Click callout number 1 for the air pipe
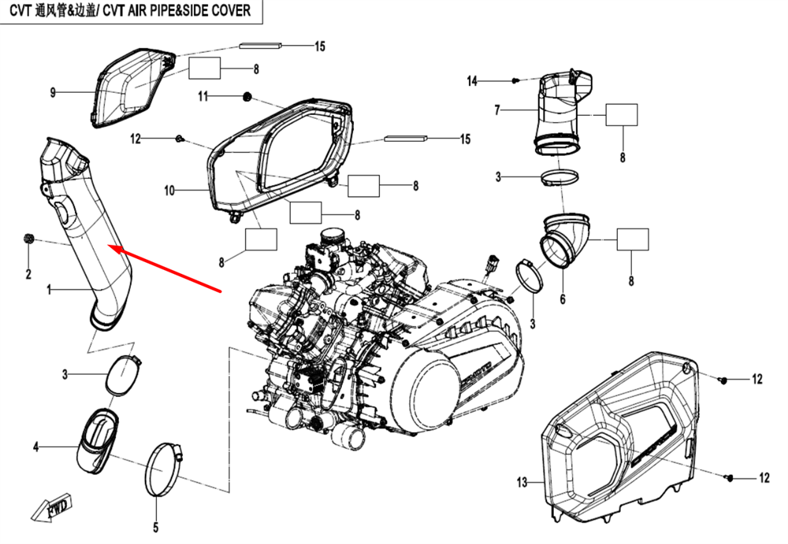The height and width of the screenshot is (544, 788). coord(49,291)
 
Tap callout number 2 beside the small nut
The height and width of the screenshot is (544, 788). coord(28,275)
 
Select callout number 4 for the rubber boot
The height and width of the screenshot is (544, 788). coord(35,448)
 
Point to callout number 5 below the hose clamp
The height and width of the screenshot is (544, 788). coord(155,527)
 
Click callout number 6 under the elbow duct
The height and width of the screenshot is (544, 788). coord(563,300)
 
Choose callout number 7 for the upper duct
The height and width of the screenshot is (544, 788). coord(497,111)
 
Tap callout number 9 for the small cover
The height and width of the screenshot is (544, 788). coord(53,93)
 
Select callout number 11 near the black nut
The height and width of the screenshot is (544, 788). coord(203,97)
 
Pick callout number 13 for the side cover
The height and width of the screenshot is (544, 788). coord(521,482)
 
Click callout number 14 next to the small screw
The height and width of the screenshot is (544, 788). coord(472,81)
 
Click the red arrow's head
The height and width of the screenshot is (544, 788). coord(110,248)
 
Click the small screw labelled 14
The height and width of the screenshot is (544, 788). coord(515,80)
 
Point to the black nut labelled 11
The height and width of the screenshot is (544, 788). coord(247,97)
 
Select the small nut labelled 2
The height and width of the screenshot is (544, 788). coord(28,239)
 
